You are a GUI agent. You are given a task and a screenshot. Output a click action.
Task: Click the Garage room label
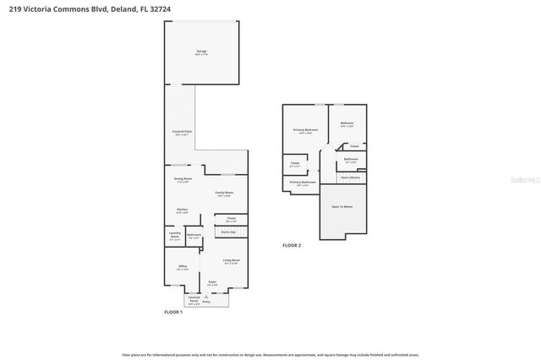(x=201, y=52)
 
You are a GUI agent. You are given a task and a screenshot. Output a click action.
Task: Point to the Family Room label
(x=223, y=194)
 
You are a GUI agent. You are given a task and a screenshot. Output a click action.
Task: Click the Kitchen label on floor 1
(x=182, y=210)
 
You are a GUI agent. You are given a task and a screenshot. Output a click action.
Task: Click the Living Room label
(x=231, y=260)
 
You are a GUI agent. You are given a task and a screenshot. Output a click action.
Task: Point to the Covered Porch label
(x=194, y=299)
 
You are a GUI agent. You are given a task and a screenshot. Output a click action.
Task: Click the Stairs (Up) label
(x=227, y=232)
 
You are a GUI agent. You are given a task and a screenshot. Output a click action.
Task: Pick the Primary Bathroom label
(x=303, y=182)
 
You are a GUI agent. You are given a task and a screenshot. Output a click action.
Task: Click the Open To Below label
(x=342, y=206)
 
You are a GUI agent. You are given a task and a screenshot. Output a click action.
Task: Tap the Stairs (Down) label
(x=350, y=177)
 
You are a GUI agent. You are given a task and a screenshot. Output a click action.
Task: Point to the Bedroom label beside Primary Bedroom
(x=347, y=123)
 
